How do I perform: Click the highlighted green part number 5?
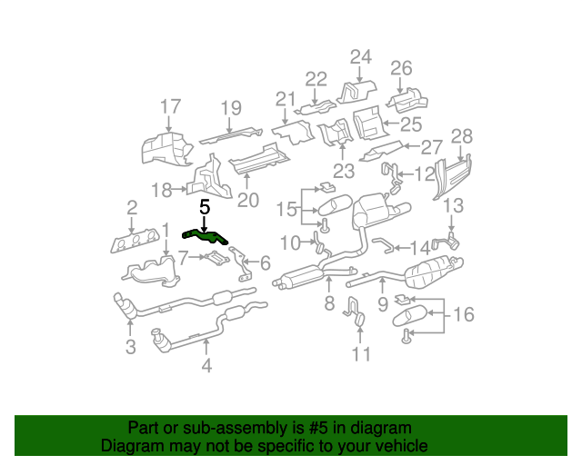[x=206, y=237]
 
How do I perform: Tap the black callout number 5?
[x=205, y=208]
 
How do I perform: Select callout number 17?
[x=170, y=108]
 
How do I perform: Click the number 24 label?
[x=361, y=57]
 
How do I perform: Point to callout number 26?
[x=401, y=67]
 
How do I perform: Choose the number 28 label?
[x=462, y=136]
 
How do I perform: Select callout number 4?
[x=206, y=366]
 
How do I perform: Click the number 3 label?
[x=130, y=346]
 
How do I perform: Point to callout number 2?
[x=132, y=207]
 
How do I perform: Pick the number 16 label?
[x=464, y=315]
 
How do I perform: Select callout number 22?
[x=316, y=79]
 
